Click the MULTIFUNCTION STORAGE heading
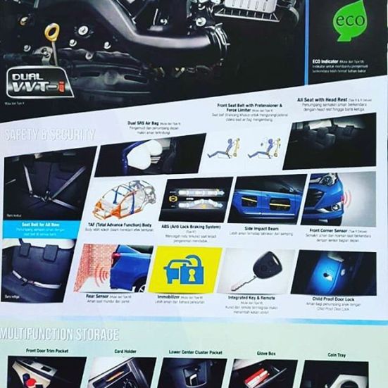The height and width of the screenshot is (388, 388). click(x=60, y=334)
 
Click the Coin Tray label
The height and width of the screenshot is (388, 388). click(x=337, y=354)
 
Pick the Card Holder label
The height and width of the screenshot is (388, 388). click(x=125, y=351)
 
